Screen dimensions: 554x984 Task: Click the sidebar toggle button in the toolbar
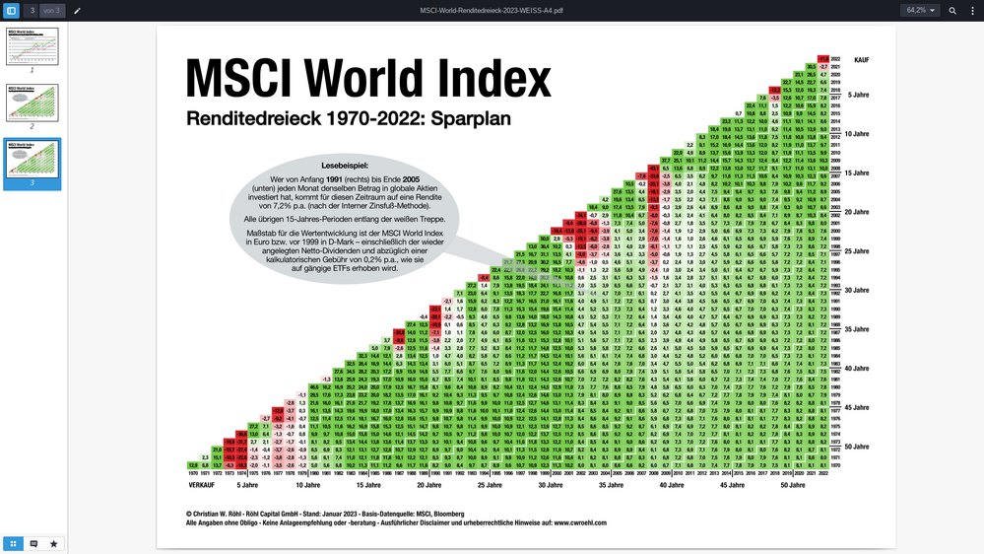[x=12, y=10]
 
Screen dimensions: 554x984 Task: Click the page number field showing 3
[x=32, y=10]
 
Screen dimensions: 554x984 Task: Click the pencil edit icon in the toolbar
[x=78, y=10]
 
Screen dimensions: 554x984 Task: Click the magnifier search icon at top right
[x=952, y=10]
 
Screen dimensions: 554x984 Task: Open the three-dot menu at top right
[x=972, y=10]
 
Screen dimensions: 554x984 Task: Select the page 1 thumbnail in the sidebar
[x=33, y=46]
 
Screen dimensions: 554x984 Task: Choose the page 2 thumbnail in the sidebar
[x=33, y=103]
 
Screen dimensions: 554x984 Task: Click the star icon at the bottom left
[x=53, y=543]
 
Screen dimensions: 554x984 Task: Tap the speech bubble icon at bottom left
[x=33, y=543]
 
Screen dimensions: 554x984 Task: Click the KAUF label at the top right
[x=861, y=60]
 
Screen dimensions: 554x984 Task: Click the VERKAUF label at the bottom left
[x=201, y=485]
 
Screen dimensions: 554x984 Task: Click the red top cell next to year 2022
[x=822, y=58]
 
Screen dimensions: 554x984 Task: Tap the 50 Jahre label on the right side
[x=857, y=447]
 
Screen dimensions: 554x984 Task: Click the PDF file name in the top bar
[x=491, y=10]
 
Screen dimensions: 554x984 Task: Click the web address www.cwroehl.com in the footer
[x=580, y=523]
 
